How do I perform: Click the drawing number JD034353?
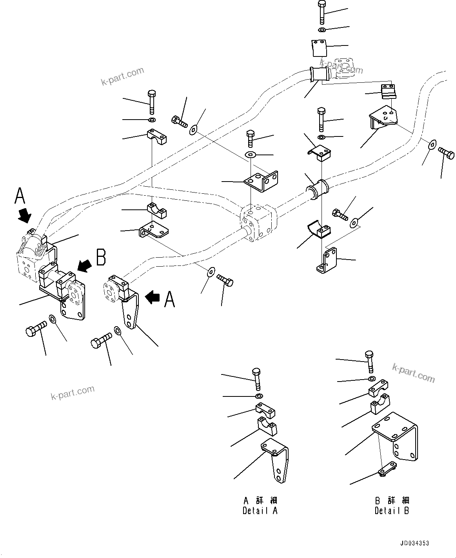pos(414,543)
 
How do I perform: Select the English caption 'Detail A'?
pos(260,511)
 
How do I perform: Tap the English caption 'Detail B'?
pos(392,511)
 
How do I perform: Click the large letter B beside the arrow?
pos(101,258)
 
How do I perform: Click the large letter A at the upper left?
pos(20,196)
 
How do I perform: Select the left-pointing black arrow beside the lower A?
pos(152,298)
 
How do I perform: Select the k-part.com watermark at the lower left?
pos(73,393)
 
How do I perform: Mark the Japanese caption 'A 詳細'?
pos(260,501)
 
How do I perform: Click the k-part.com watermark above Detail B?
pos(413,372)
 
